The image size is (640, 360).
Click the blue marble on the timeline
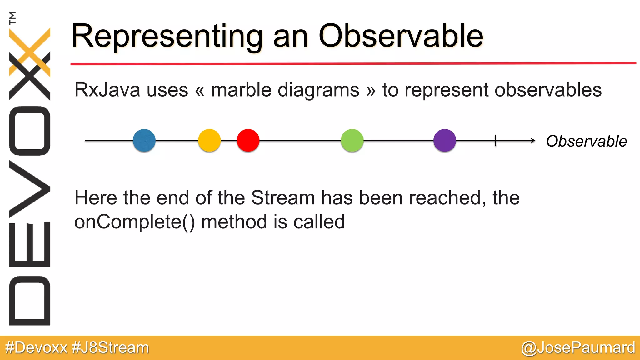pyautogui.click(x=144, y=141)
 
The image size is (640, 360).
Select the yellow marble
pyautogui.click(x=209, y=141)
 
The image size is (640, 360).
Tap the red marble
pyautogui.click(x=248, y=141)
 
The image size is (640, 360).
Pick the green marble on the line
pyautogui.click(x=352, y=141)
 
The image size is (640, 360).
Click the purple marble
pyautogui.click(x=445, y=141)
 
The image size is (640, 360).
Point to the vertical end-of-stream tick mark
pyautogui.click(x=496, y=141)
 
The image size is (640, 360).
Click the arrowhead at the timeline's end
pyautogui.click(x=533, y=141)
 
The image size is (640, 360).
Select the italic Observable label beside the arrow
pyautogui.click(x=586, y=141)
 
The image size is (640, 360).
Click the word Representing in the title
pyautogui.click(x=167, y=37)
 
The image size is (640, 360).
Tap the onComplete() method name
pyautogui.click(x=134, y=222)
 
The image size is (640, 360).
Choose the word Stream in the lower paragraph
pyautogui.click(x=283, y=198)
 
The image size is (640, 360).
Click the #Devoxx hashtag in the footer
pyautogui.click(x=36, y=348)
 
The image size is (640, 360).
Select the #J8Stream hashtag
pyautogui.click(x=110, y=348)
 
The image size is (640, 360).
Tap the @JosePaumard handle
pyautogui.click(x=578, y=348)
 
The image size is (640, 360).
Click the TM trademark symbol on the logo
pyautogui.click(x=12, y=18)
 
